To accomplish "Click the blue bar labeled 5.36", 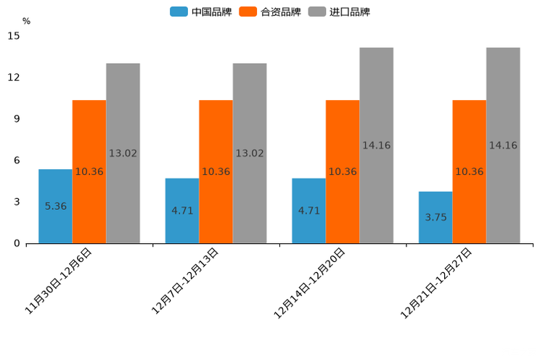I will point(55,206).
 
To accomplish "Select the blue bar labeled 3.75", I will point(435,217).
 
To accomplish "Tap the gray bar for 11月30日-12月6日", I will point(123,153).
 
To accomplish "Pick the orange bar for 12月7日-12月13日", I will point(216,171).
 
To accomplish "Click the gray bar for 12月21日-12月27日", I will point(503,145).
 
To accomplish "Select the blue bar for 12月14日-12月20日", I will point(308,210).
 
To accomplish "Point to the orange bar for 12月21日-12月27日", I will point(469,171).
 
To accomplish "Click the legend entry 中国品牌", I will point(200,12).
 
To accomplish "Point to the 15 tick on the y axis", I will point(14,36).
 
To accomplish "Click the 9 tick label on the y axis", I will point(17,119).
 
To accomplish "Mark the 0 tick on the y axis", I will point(17,243).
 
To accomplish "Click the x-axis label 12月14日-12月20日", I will point(310,282).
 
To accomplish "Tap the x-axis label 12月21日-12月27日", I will point(437,282).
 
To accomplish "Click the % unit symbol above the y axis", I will point(26,21).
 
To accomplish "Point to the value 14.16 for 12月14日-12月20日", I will point(376,145).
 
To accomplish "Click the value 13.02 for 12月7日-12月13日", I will point(250,153).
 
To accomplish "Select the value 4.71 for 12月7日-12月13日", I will point(182,210).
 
